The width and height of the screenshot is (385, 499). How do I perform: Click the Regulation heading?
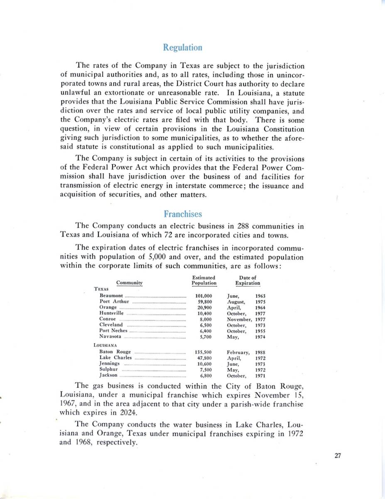(x=183, y=47)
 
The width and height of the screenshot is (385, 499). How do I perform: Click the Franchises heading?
(x=183, y=214)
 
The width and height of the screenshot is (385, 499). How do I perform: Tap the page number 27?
(x=337, y=455)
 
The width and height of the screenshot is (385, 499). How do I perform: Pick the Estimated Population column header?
(x=204, y=280)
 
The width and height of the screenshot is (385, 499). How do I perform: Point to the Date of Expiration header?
(x=248, y=280)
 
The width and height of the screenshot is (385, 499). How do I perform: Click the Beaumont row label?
(x=111, y=296)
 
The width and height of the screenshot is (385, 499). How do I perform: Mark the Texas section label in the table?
(x=101, y=289)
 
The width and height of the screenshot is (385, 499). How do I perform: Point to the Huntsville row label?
(x=112, y=313)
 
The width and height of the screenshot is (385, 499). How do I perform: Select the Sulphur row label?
(x=109, y=369)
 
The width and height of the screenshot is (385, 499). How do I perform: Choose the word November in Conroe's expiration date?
(x=240, y=319)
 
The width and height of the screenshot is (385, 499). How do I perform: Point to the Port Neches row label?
(x=113, y=331)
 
